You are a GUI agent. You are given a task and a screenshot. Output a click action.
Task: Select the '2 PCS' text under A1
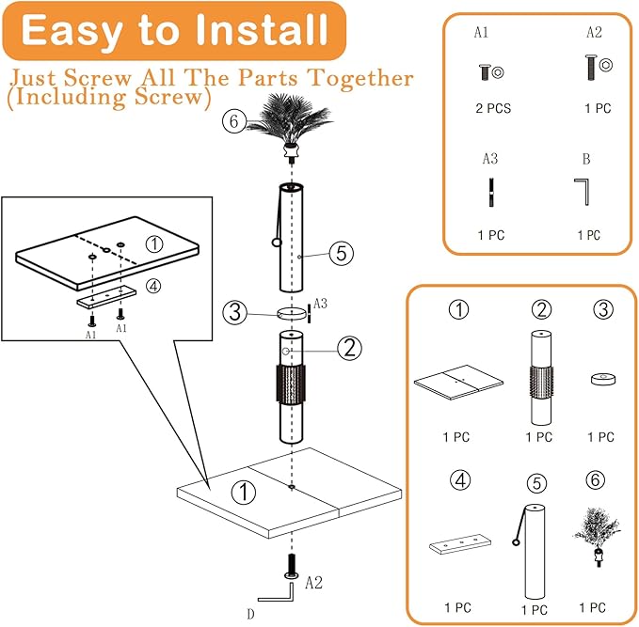(x=492, y=108)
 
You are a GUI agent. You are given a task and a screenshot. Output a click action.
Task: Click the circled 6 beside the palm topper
(x=234, y=120)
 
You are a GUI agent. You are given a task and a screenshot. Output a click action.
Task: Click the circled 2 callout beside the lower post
(x=348, y=348)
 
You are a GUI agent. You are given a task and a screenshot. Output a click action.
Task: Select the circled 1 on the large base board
(x=244, y=491)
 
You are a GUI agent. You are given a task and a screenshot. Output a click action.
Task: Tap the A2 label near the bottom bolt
(x=314, y=584)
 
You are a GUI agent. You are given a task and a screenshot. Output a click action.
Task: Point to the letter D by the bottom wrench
(x=250, y=614)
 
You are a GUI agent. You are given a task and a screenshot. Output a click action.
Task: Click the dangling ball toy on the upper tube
(x=277, y=243)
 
